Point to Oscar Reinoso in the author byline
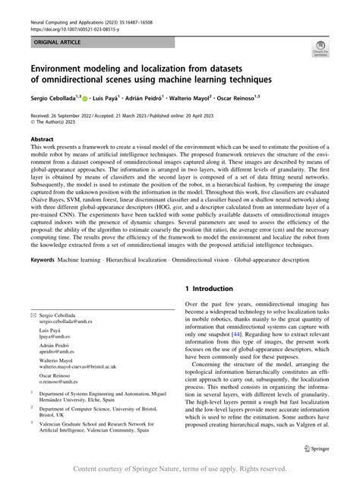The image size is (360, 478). (272, 97)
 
